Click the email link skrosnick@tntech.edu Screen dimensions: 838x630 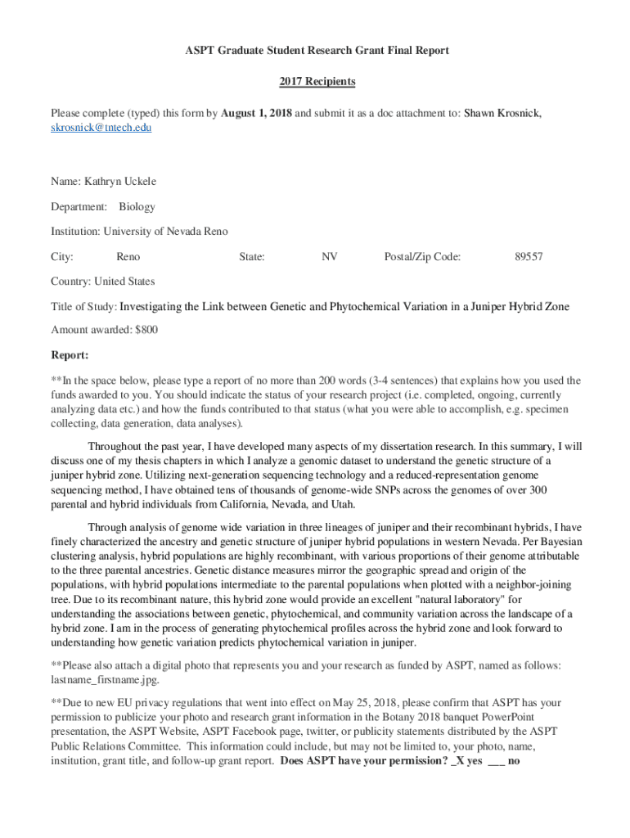pos(101,128)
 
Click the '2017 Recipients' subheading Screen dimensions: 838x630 pos(317,82)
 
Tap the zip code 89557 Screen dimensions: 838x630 pos(529,257)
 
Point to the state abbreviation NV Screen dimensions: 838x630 pos(330,257)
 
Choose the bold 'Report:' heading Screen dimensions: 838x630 pos(70,355)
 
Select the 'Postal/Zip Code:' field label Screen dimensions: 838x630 pos(422,257)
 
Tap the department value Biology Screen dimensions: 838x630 pos(137,206)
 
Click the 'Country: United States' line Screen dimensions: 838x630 pos(102,282)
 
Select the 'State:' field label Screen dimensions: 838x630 pos(251,257)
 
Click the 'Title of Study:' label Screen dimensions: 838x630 pos(84,307)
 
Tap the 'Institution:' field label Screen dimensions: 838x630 pos(75,232)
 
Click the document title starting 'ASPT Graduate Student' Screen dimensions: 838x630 pos(317,51)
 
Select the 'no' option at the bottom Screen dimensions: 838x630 pos(515,759)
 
